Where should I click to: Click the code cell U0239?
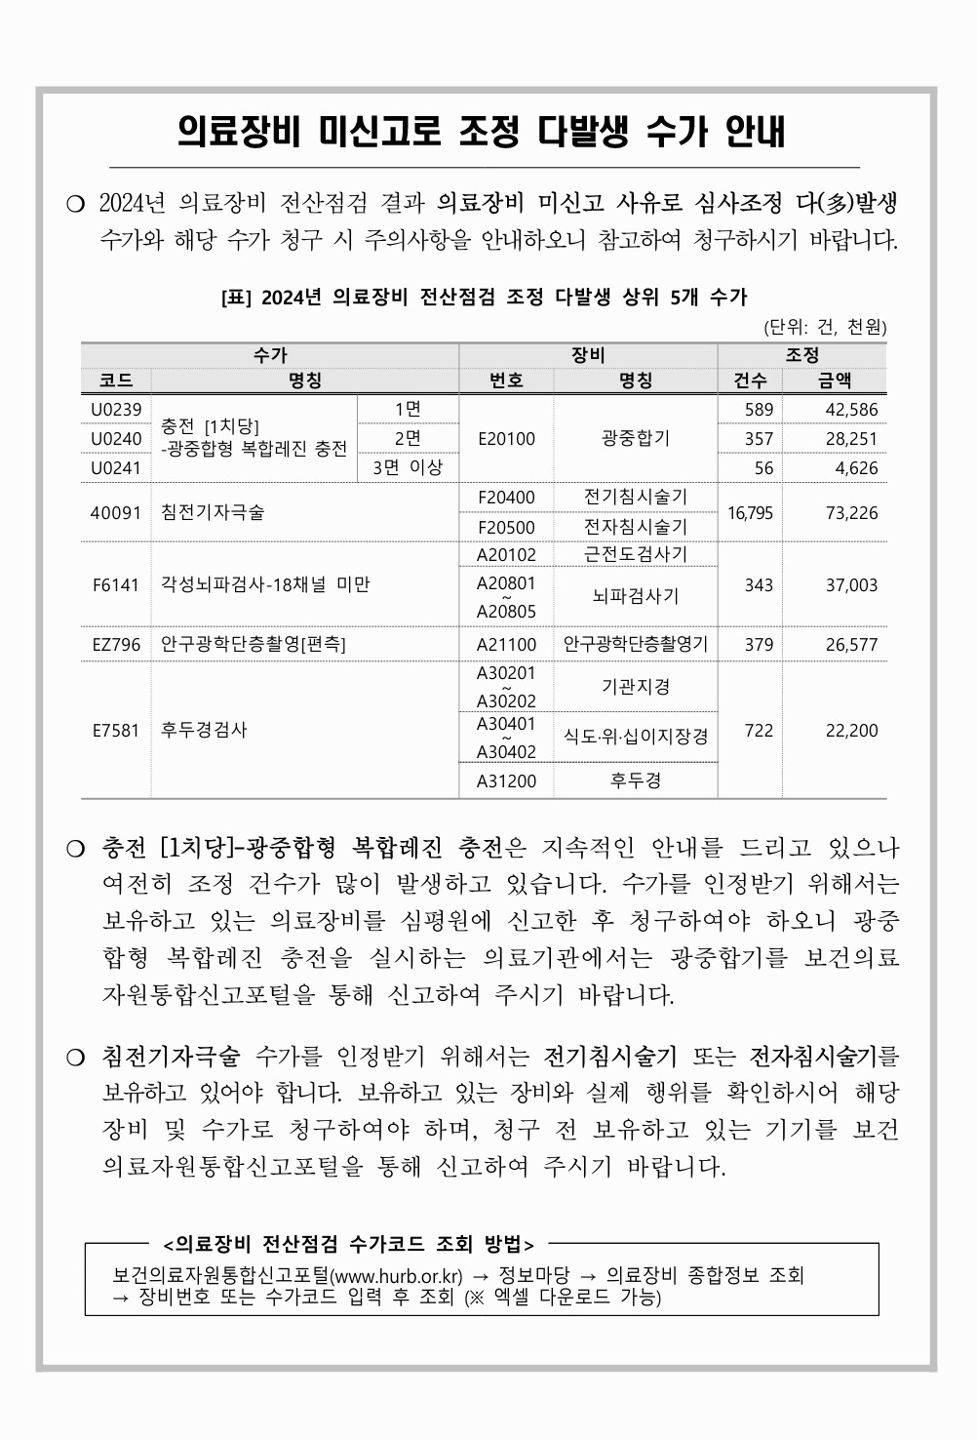(116, 409)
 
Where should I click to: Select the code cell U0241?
(116, 467)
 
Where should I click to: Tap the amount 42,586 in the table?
(850, 409)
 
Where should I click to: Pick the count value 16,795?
(749, 512)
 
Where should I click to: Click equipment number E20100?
(506, 438)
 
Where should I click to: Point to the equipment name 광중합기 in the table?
(636, 438)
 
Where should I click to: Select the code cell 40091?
(116, 512)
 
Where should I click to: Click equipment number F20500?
(506, 527)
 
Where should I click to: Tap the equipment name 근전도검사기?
(636, 554)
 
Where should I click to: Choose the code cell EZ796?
(116, 645)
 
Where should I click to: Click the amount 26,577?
(850, 645)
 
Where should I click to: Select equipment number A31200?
(506, 780)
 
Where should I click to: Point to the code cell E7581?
(116, 730)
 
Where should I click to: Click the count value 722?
(759, 730)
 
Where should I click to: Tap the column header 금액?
(834, 380)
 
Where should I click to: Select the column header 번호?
(506, 380)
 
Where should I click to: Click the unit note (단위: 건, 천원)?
(825, 327)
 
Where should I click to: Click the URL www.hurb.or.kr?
(397, 1275)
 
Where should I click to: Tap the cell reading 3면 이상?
(408, 467)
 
